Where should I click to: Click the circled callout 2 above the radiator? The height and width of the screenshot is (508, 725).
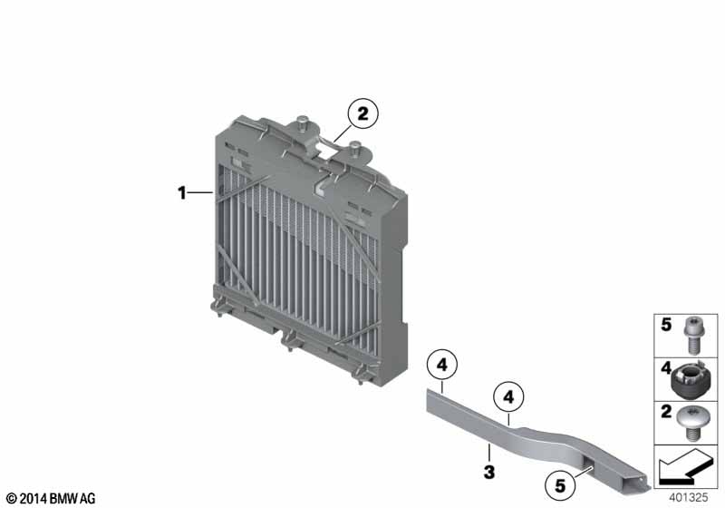(x=362, y=115)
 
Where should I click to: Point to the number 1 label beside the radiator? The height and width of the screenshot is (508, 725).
(x=182, y=192)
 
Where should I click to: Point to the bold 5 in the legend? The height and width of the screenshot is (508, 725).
(x=664, y=325)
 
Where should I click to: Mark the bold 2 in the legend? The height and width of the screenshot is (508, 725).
(x=664, y=413)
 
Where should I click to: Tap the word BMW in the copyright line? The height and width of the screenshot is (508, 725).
(x=64, y=499)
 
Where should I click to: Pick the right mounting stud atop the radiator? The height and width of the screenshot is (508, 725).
(x=355, y=148)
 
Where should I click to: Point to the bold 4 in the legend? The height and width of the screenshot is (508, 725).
(x=664, y=368)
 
